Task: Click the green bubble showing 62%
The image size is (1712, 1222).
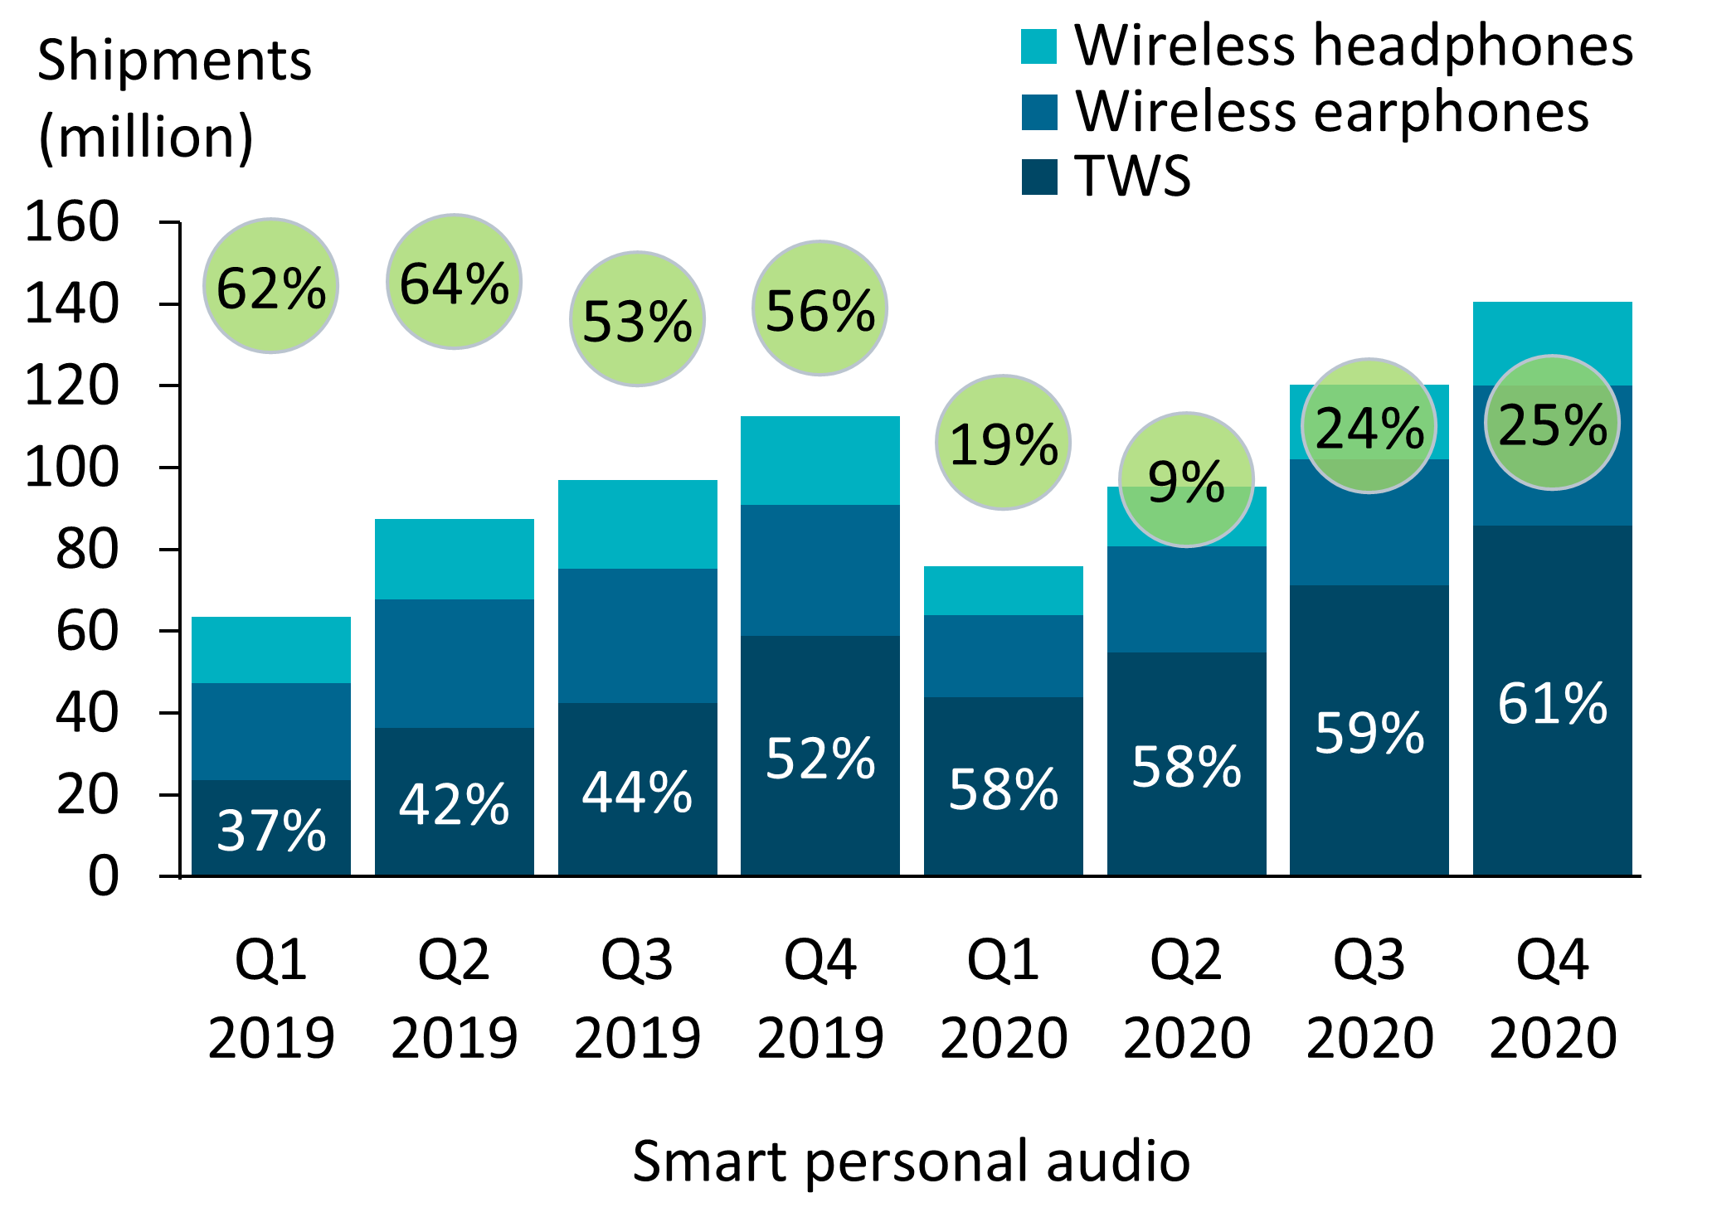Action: [270, 286]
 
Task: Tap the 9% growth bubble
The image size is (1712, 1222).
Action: [1186, 480]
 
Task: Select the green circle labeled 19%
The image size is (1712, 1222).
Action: [1003, 443]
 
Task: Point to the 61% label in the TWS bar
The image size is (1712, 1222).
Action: [1552, 704]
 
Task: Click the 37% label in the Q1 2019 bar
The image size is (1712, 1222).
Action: [270, 830]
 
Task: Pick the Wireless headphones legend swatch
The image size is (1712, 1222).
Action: [1039, 46]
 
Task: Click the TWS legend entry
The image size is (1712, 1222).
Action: [1132, 176]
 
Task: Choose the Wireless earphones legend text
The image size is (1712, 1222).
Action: [1331, 111]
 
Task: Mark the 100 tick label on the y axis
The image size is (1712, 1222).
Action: [73, 468]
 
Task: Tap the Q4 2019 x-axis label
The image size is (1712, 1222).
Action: [820, 998]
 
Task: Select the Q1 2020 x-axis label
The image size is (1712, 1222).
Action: [1003, 998]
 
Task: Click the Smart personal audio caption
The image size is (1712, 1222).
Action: [911, 1160]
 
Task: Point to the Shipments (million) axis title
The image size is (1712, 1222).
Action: [174, 98]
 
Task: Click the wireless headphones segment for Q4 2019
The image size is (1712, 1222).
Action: [820, 460]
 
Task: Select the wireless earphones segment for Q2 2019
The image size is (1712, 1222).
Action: [454, 663]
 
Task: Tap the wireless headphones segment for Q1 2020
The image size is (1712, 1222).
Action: [1003, 590]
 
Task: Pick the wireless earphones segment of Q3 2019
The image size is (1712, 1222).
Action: [637, 635]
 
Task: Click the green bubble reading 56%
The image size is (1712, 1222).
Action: [820, 308]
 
